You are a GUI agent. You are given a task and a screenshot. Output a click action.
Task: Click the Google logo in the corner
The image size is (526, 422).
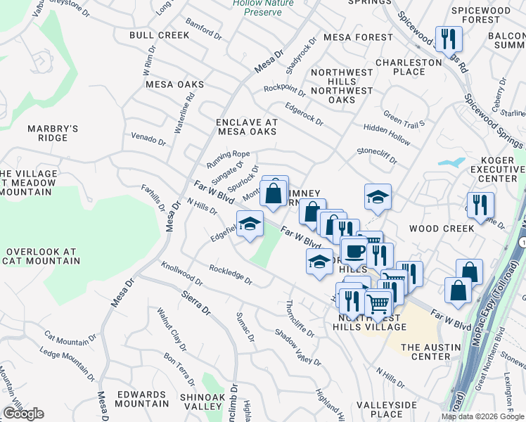[23, 414]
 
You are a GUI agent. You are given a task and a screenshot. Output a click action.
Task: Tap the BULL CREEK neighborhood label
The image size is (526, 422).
[159, 35]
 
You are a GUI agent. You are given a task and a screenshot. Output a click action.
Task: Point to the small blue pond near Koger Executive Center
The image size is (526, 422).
[450, 162]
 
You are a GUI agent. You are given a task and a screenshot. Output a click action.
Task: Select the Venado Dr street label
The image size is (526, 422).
[148, 138]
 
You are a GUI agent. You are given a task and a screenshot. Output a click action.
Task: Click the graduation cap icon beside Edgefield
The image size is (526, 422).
[250, 224]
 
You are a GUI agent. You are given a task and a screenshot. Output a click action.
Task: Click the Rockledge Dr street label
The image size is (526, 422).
[230, 274]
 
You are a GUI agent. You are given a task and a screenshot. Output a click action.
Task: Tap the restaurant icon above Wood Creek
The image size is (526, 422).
[481, 204]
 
